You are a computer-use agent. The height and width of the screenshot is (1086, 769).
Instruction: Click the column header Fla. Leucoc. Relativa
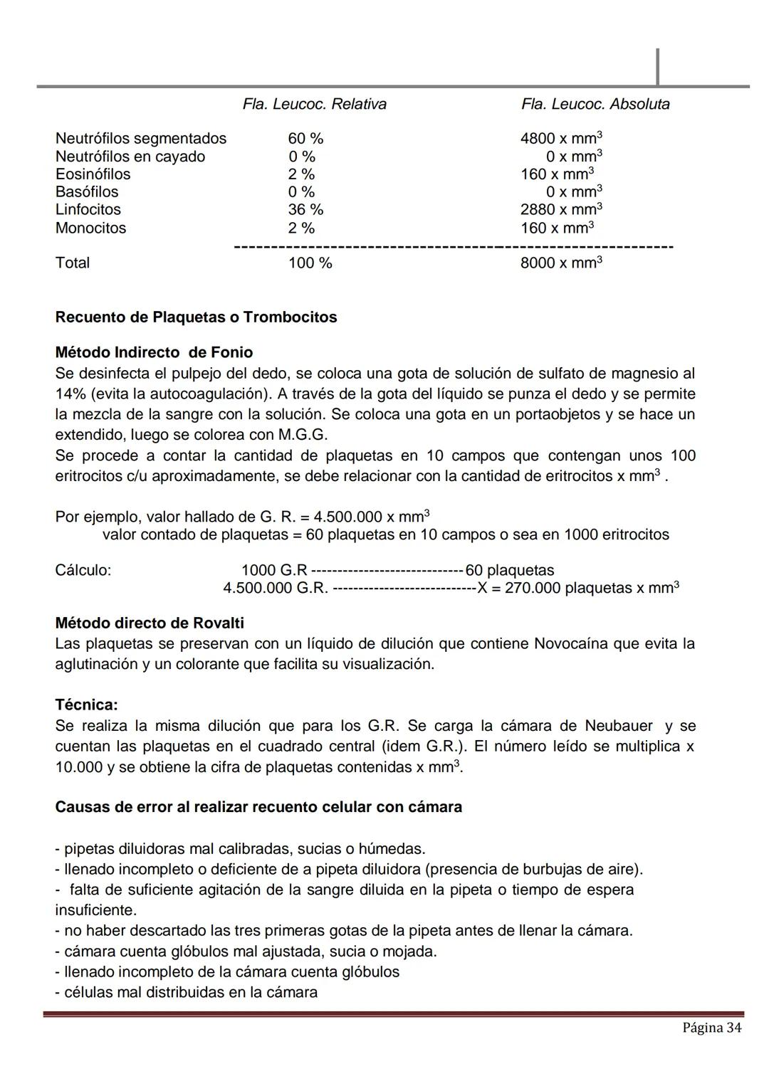(x=314, y=105)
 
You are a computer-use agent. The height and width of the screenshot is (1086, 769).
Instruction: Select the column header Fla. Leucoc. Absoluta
(x=595, y=105)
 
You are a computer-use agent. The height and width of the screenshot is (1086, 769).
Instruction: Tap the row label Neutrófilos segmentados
(x=141, y=139)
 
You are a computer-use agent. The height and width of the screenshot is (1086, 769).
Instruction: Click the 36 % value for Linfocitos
(x=305, y=210)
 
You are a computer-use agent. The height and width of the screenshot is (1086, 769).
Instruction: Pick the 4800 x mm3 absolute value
(x=562, y=139)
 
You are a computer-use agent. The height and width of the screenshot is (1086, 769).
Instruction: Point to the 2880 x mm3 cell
(x=562, y=210)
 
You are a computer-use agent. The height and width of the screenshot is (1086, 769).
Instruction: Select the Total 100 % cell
(x=310, y=263)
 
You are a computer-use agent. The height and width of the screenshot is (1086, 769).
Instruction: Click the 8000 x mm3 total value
(x=562, y=263)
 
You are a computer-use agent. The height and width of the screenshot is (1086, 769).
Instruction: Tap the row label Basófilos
(x=87, y=192)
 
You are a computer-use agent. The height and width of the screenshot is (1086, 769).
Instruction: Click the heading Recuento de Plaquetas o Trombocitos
(x=196, y=317)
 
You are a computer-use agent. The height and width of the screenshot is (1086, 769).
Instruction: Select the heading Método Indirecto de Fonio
(x=154, y=353)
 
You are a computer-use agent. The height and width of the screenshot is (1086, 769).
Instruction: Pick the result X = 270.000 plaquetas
(x=578, y=589)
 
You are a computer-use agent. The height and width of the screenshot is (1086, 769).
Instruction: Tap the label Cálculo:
(x=83, y=571)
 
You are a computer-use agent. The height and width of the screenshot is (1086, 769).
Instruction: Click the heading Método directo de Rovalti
(x=150, y=623)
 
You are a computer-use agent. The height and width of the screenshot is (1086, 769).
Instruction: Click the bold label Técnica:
(x=86, y=705)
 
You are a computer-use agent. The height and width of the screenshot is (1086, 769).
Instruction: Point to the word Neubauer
(x=618, y=726)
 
